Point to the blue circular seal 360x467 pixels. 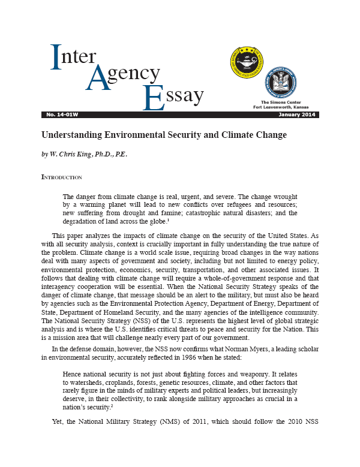[x=281, y=82]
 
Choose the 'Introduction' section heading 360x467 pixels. [x=61, y=177]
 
